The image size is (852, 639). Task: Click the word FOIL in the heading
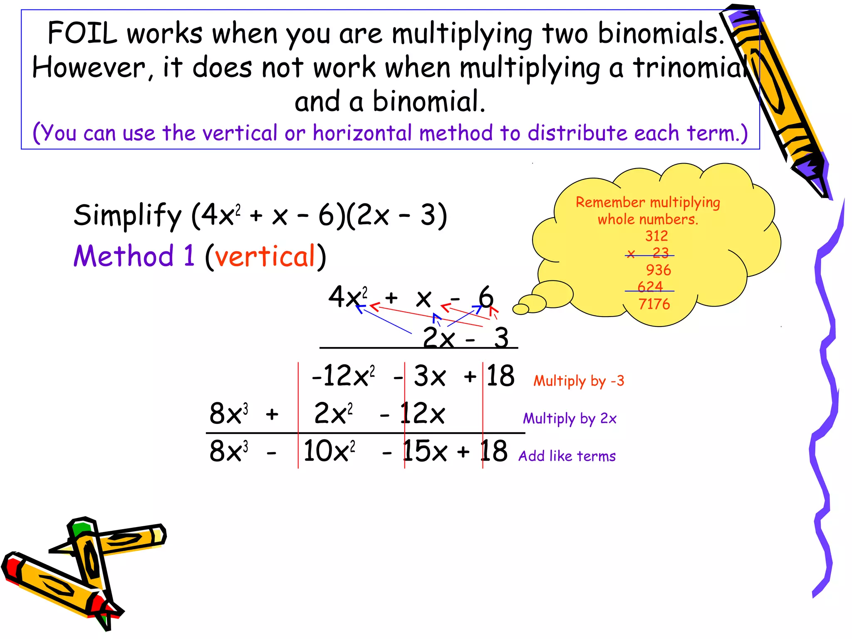point(82,33)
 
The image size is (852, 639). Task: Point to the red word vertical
point(265,256)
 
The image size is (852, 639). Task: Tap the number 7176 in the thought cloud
point(654,304)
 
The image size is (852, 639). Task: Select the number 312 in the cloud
point(656,236)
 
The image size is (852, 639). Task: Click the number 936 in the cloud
point(658,270)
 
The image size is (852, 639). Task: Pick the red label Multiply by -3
point(579,381)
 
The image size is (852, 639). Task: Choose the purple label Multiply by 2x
point(570,419)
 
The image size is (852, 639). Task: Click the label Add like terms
point(567,456)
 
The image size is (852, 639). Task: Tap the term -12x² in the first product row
point(344,376)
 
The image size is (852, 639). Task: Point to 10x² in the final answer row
point(329,451)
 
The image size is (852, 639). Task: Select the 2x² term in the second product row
point(333,414)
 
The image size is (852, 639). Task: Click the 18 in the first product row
point(500,376)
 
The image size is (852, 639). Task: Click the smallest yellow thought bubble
point(520,309)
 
